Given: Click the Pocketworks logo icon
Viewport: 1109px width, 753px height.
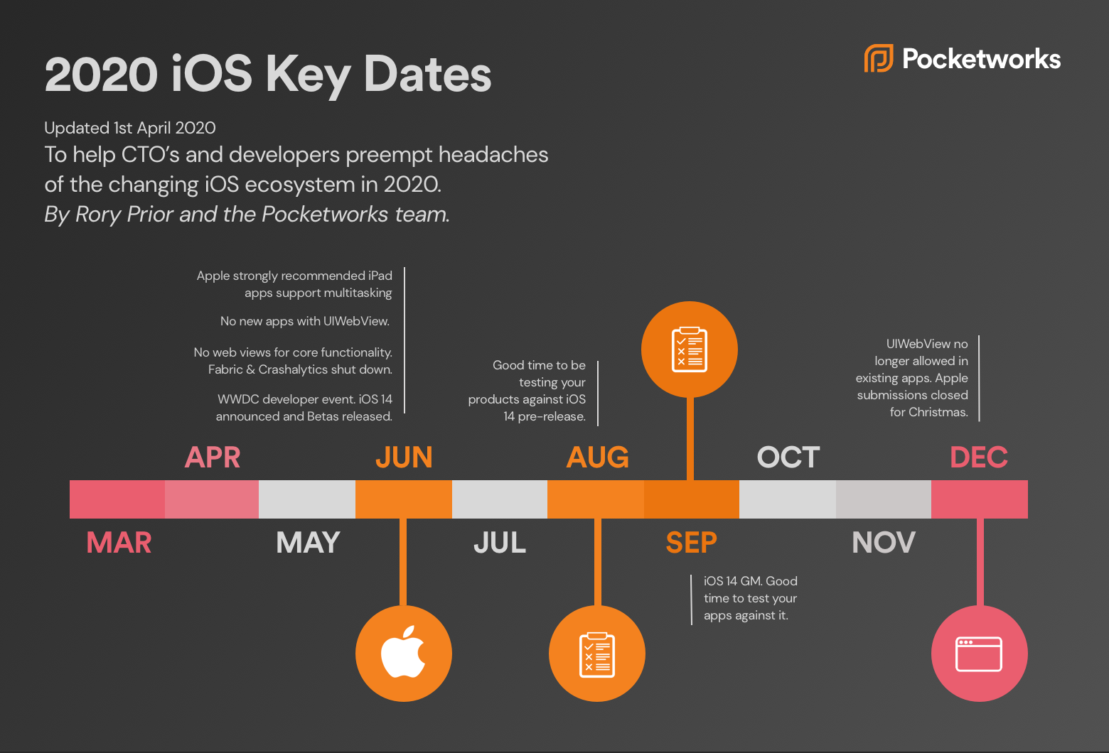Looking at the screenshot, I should click(879, 58).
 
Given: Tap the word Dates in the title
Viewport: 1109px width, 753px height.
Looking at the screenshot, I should click(427, 74).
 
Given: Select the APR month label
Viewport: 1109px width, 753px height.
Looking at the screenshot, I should click(213, 457).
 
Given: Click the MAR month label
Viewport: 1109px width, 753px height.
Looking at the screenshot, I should click(119, 543).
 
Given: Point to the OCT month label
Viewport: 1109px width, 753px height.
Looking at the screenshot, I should click(788, 457).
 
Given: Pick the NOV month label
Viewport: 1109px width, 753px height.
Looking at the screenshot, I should click(884, 543).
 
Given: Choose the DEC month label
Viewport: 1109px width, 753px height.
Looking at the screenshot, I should click(979, 457).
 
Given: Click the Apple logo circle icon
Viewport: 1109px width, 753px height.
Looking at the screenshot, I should click(403, 653).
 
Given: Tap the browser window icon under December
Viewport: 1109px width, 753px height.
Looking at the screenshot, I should click(979, 654).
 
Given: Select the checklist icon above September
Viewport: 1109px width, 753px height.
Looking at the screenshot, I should click(689, 350).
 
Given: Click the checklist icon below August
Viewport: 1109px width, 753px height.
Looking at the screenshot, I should click(597, 654).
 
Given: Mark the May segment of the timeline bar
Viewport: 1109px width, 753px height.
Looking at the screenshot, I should click(307, 499).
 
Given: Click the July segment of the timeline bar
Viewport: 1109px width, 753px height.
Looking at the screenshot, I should click(500, 499).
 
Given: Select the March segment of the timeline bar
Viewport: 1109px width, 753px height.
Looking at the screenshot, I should click(117, 499).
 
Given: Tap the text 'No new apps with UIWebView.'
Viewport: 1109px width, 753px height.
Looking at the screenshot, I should click(305, 321).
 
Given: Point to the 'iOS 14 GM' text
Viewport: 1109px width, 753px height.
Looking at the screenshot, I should click(732, 581).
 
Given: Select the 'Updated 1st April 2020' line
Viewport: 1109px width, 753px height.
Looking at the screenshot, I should click(130, 128).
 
